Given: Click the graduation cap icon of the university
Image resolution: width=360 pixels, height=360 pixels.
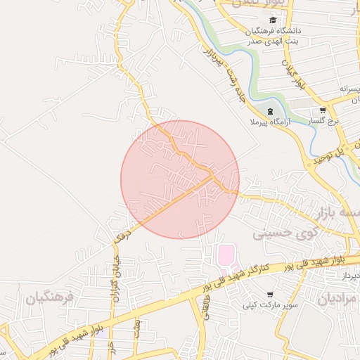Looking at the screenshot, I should point(273,20).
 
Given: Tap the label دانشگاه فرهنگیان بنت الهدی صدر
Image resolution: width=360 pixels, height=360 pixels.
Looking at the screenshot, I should point(272,36).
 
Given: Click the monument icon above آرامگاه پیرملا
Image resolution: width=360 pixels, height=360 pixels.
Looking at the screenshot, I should point(270,112).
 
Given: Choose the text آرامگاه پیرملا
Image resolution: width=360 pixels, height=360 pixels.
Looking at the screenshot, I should point(264,123).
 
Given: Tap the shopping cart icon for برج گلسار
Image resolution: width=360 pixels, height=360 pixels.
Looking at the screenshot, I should point(322,110).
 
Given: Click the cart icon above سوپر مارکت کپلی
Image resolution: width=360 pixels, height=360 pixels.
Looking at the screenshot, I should point(270,294).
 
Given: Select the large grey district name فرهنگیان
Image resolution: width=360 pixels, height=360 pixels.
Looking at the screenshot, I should point(50,298).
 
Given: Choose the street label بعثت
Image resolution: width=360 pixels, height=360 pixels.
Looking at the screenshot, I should point(137,328).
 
